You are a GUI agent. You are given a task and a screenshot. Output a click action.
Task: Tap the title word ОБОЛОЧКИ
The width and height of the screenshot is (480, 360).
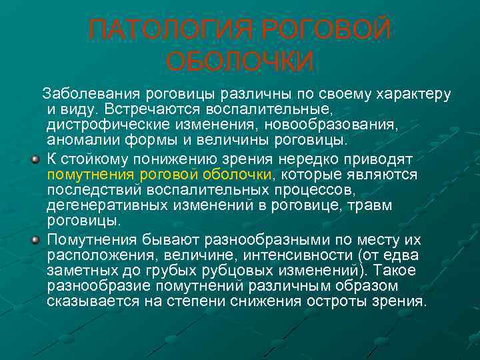coord(240,62)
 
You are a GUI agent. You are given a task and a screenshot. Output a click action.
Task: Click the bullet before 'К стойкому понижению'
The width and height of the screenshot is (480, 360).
coord(35,160)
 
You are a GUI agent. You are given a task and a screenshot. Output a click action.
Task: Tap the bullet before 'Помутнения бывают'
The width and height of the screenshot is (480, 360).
coord(35,239)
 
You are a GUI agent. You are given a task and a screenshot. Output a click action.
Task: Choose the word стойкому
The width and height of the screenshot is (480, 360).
coord(95,159)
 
